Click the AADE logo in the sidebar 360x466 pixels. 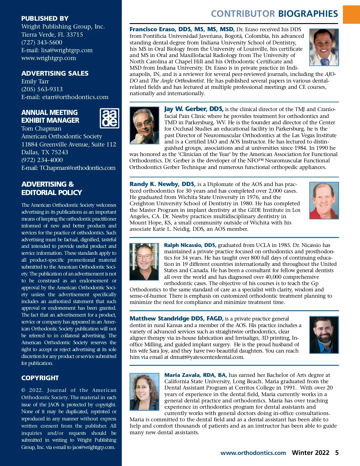click(x=109, y=118)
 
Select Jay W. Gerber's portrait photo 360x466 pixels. click(x=144, y=125)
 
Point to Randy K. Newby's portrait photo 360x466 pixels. click(x=324, y=200)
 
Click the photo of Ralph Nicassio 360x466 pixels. click(x=144, y=262)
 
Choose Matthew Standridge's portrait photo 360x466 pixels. click(x=324, y=334)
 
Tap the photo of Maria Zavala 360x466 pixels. click(x=144, y=392)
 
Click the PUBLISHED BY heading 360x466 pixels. click(x=45, y=18)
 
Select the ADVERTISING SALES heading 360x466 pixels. click(x=55, y=73)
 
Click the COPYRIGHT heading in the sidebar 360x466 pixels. click(x=40, y=378)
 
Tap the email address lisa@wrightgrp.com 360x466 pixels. click(x=67, y=50)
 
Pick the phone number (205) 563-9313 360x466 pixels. click(x=42, y=89)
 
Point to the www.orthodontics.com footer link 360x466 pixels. click(x=253, y=453)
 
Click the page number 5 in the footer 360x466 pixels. click(x=337, y=452)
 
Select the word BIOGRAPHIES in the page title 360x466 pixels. click(x=308, y=14)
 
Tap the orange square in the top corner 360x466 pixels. click(x=351, y=14)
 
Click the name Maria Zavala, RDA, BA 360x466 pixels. click(x=195, y=375)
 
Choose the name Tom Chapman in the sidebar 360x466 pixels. click(x=41, y=128)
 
